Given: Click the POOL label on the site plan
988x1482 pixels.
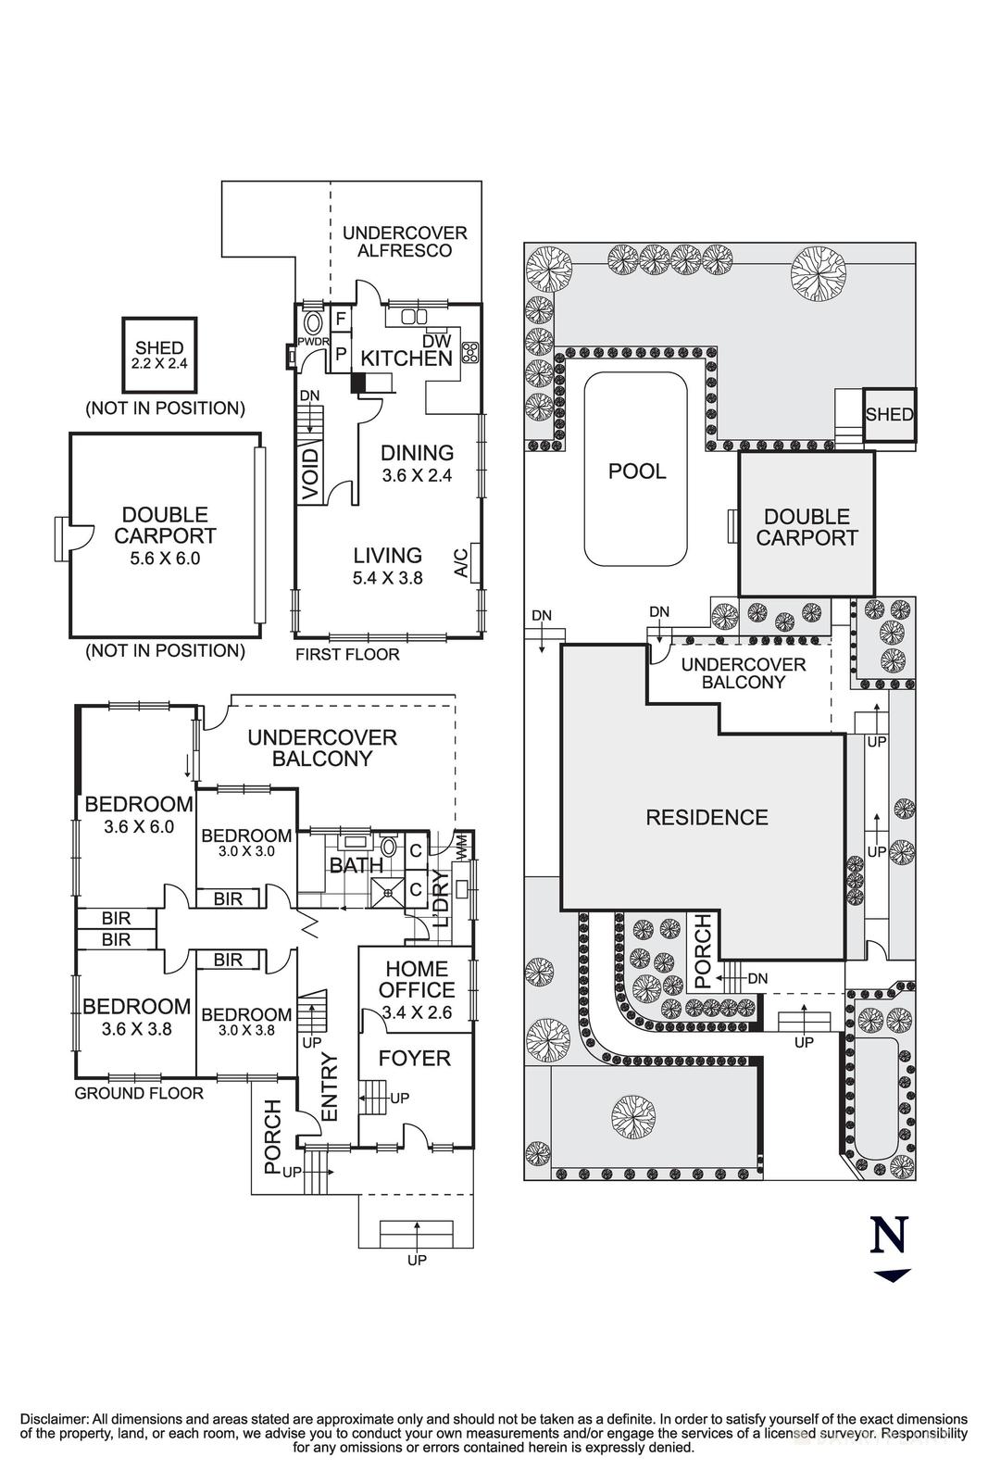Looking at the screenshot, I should click(x=636, y=471).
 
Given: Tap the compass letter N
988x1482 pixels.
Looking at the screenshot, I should click(x=890, y=1236).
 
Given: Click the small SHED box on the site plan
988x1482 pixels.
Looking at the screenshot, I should click(x=889, y=414).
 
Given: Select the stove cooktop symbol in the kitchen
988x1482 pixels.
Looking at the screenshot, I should click(x=469, y=351).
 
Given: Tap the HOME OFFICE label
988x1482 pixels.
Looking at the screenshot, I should click(x=416, y=979).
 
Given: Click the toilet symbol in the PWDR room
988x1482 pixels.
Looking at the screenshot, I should click(x=313, y=323).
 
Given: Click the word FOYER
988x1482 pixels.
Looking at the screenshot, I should click(x=414, y=1058).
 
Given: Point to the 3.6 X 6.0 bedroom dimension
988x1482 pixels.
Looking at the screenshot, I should click(x=139, y=827).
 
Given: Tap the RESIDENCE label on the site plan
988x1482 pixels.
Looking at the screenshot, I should click(x=707, y=817).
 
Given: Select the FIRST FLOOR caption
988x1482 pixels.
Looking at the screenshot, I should click(x=347, y=655).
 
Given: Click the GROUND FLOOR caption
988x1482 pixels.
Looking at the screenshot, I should click(x=139, y=1093).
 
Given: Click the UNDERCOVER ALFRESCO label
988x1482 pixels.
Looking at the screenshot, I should click(x=405, y=242).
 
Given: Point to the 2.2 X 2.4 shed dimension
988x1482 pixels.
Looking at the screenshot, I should click(x=159, y=364).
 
